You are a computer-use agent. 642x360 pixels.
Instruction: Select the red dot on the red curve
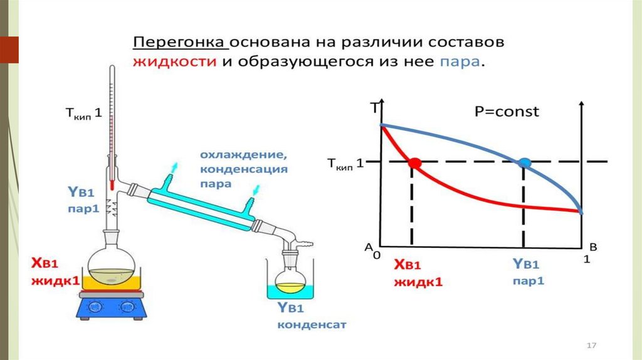[x=414, y=162]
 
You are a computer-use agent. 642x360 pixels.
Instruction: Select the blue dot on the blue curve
[x=525, y=162]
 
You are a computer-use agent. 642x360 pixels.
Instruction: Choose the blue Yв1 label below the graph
[x=522, y=265]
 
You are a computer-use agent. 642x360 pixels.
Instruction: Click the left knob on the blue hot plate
[x=95, y=307]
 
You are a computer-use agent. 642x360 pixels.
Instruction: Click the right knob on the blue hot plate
[x=129, y=307]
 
